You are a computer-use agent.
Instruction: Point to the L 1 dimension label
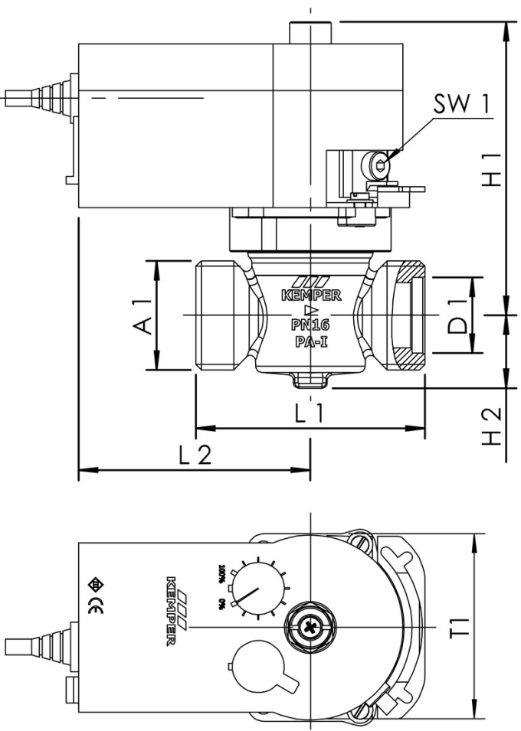311,414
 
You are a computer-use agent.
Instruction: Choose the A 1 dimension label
141,315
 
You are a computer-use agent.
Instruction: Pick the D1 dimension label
458,315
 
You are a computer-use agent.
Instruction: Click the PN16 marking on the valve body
310,325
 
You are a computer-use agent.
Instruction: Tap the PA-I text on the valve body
311,342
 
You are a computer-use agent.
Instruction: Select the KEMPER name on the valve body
311,294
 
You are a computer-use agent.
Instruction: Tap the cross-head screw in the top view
310,626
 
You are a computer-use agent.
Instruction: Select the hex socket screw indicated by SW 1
378,162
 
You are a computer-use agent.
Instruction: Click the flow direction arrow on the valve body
311,310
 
